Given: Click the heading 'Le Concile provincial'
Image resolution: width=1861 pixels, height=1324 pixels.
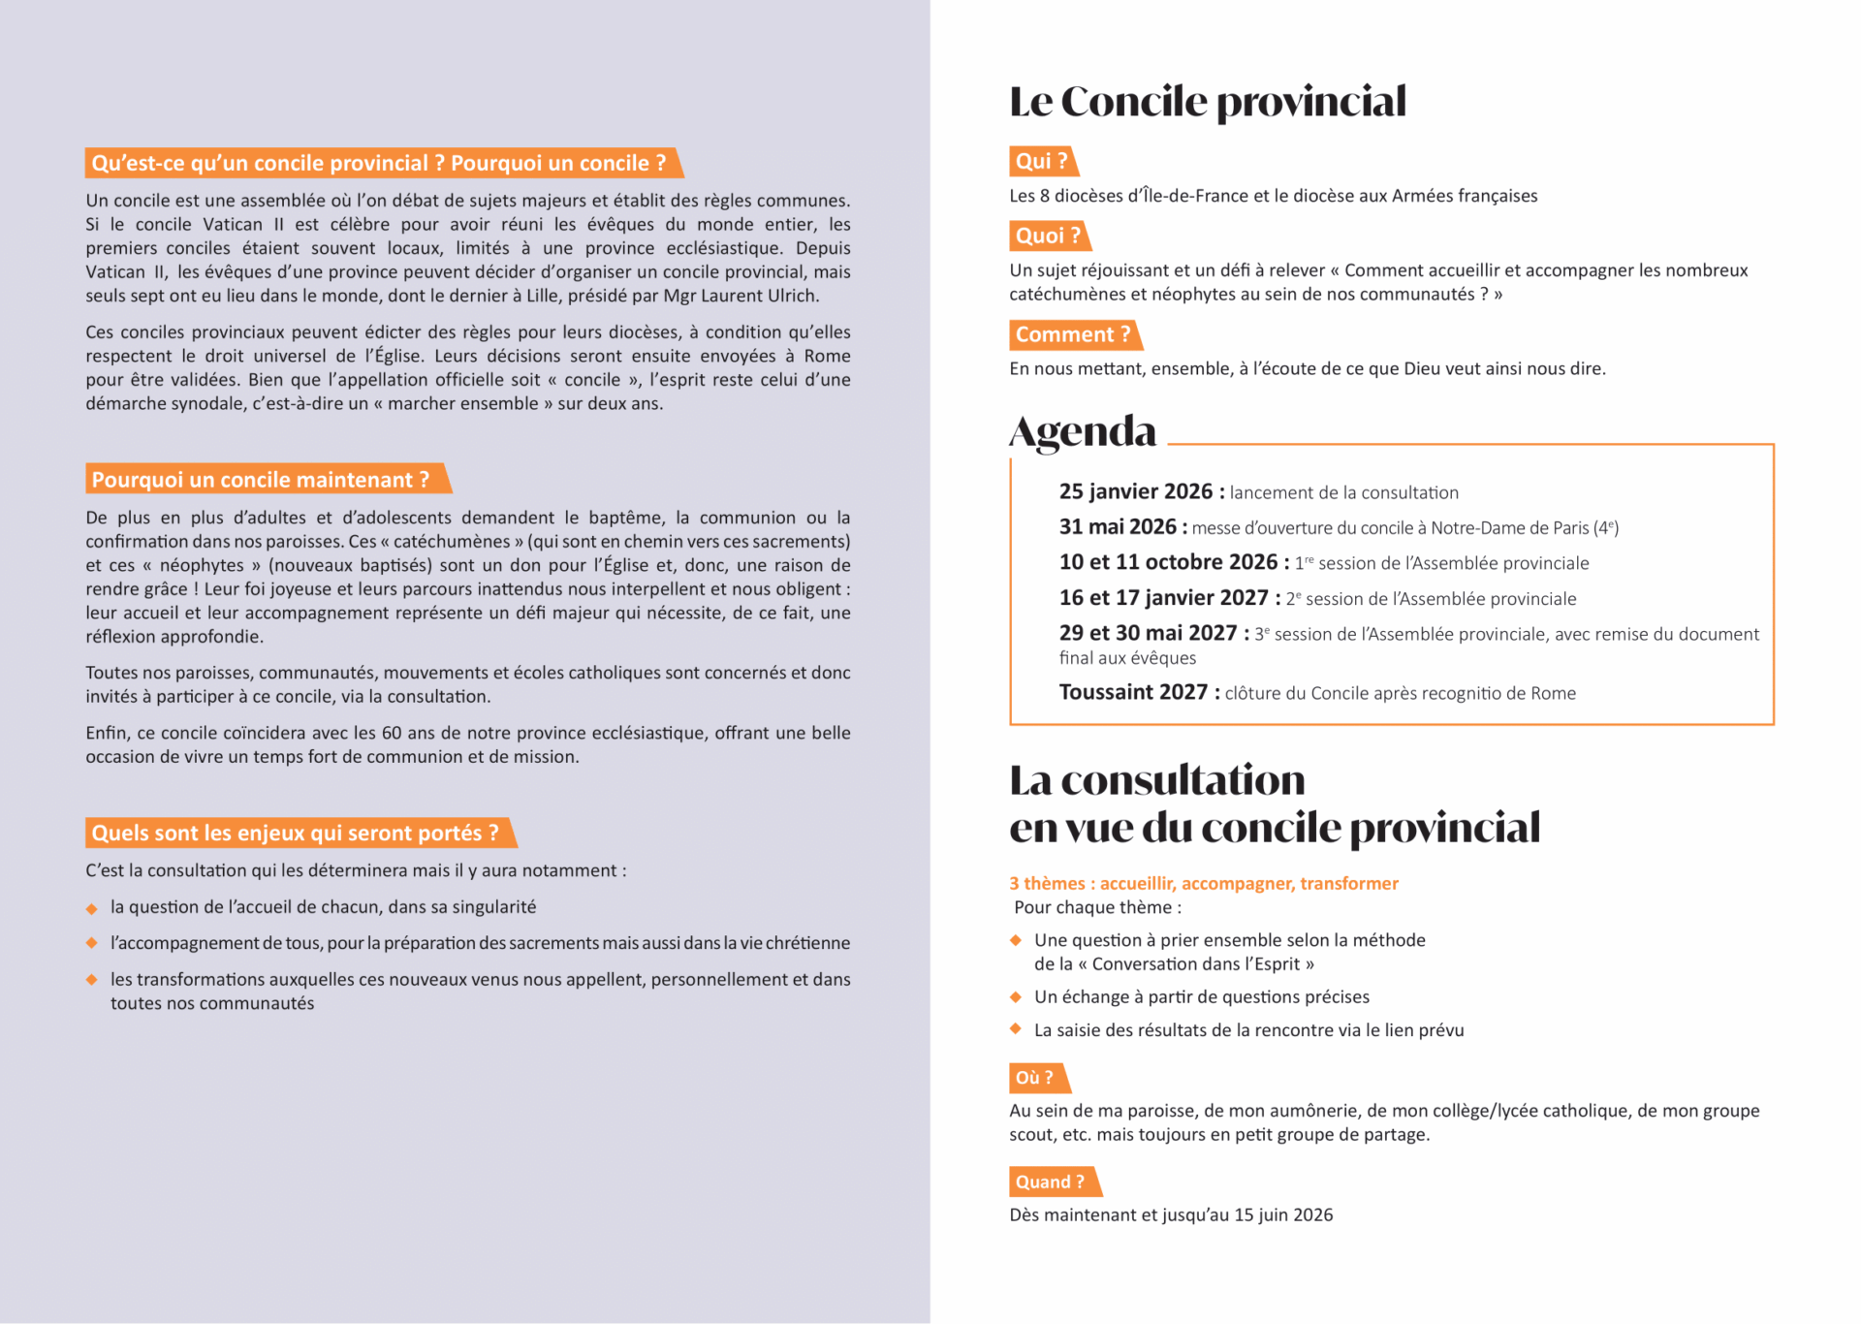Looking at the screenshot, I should [x=1207, y=102].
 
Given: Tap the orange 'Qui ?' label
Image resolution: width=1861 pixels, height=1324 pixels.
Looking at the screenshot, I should [x=1042, y=162].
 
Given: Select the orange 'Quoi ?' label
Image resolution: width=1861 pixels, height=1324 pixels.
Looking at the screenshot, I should [x=1048, y=236].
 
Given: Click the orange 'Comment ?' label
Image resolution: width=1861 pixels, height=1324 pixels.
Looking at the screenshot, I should [x=1073, y=335].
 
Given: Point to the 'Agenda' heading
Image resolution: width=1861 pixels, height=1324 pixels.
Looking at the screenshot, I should [x=1083, y=432].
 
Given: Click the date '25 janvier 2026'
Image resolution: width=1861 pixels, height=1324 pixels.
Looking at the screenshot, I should [x=1136, y=492].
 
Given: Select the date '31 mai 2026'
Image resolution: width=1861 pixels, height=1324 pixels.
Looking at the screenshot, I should [x=1118, y=527].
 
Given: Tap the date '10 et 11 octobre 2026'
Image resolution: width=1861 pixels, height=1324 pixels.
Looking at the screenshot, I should [x=1168, y=563].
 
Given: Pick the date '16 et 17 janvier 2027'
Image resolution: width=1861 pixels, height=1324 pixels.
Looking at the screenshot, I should [x=1163, y=598].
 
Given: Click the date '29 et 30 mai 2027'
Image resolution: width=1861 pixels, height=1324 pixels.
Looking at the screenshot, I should [x=1148, y=634].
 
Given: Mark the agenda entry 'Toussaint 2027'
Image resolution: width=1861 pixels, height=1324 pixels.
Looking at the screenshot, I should [x=1133, y=693].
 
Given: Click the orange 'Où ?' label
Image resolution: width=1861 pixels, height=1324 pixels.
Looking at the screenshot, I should [x=1035, y=1078].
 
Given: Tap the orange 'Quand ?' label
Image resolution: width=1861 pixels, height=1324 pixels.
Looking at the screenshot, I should [x=1051, y=1182].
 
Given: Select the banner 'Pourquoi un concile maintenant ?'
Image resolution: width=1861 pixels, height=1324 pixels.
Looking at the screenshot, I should [x=261, y=480].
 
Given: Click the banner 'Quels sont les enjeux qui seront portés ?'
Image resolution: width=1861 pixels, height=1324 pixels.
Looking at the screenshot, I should [x=296, y=834].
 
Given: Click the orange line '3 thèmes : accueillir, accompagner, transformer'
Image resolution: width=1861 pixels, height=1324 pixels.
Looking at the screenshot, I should [x=1204, y=884].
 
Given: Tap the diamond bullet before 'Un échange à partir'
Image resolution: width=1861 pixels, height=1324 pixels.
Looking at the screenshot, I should [x=1016, y=997].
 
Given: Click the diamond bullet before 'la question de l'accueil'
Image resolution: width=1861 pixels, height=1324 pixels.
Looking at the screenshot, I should [x=92, y=908].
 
